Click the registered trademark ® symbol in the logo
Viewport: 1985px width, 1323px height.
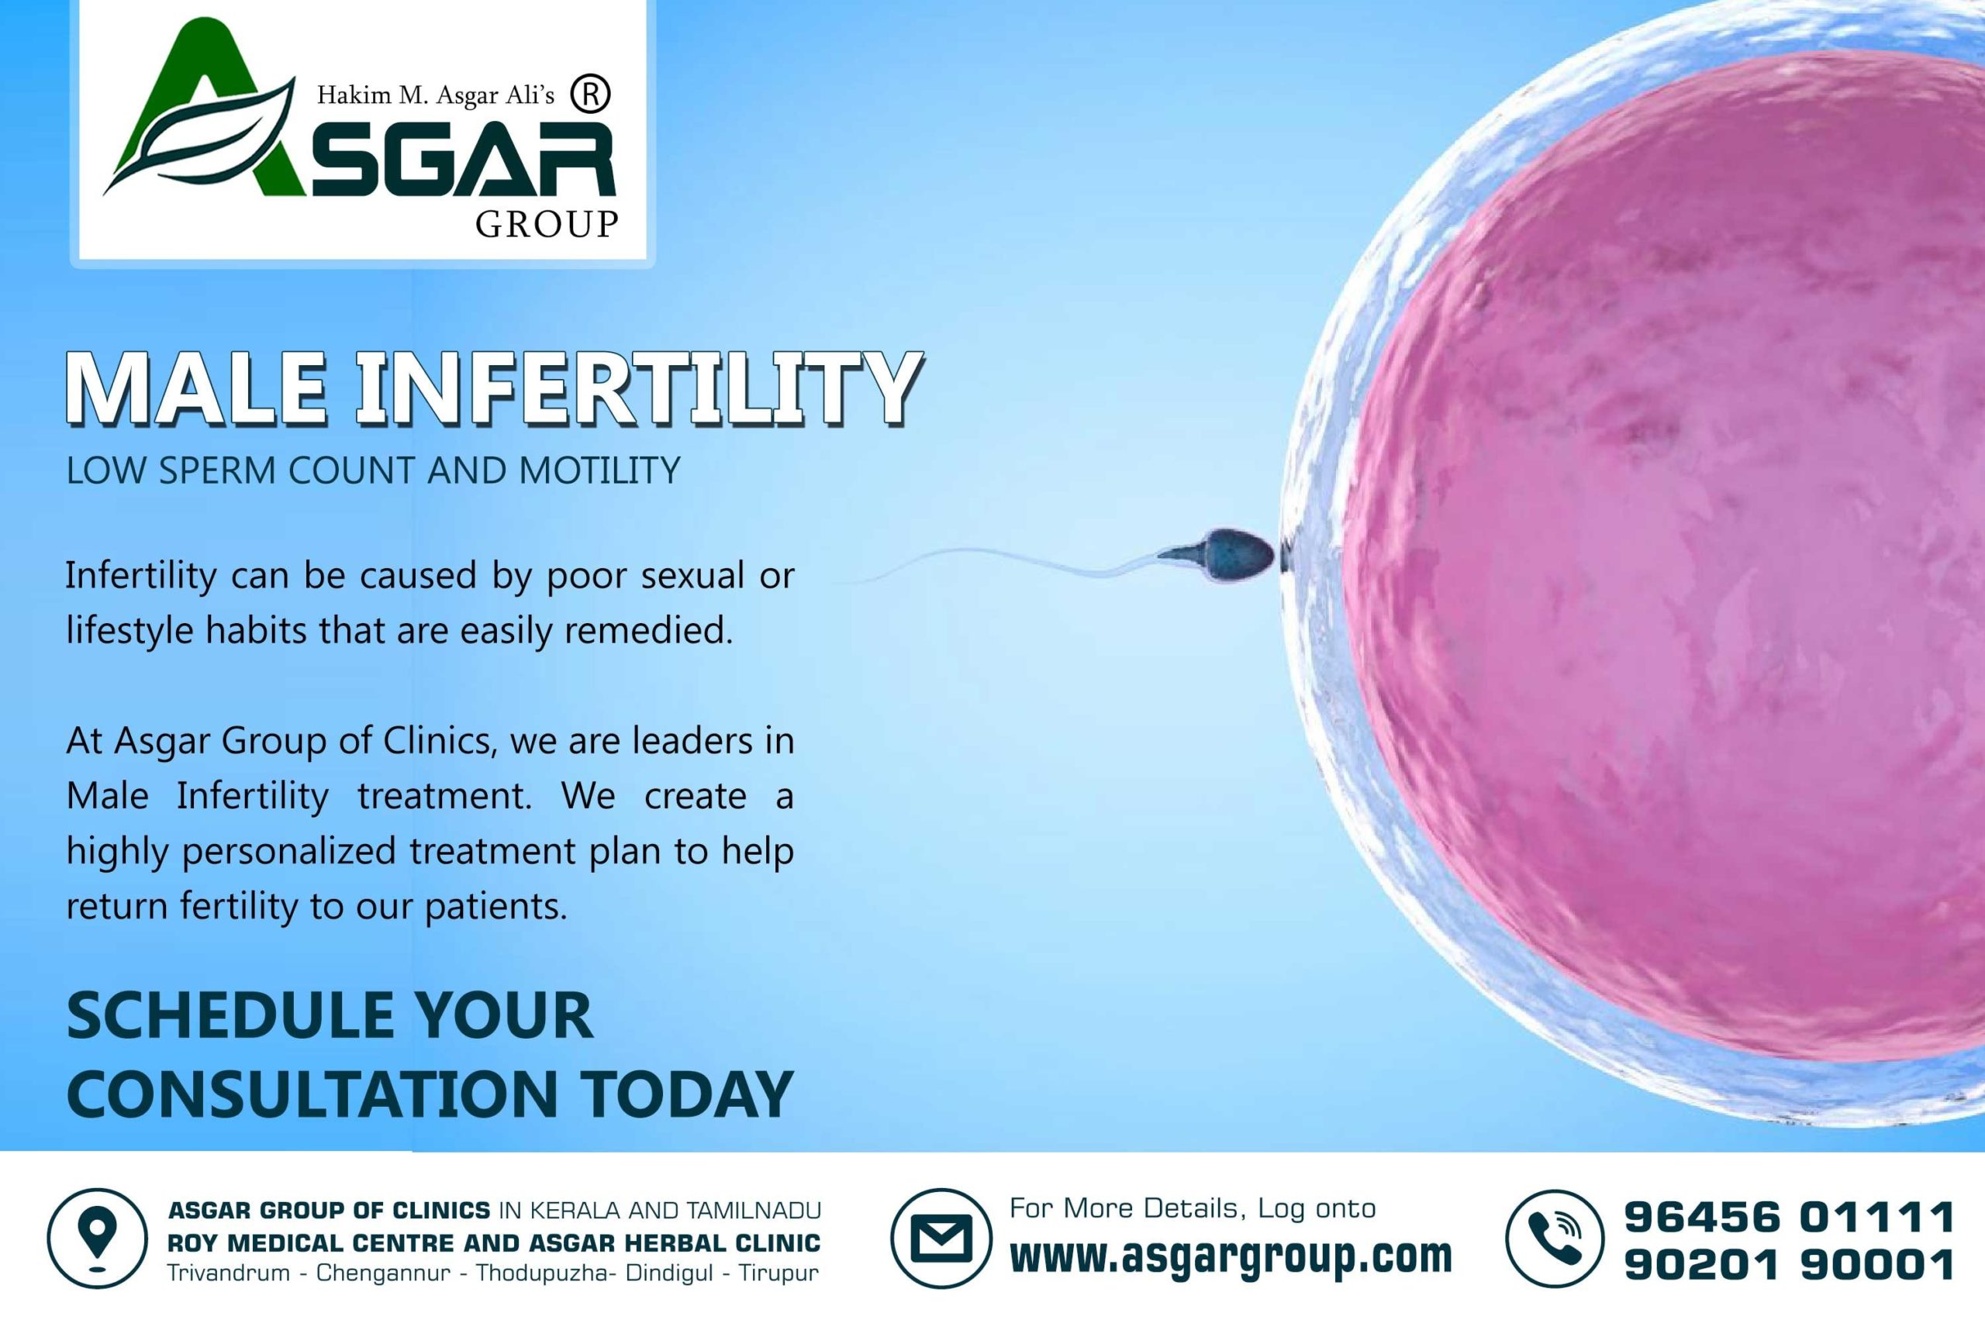pyautogui.click(x=590, y=95)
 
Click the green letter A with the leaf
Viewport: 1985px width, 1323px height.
pyautogui.click(x=202, y=110)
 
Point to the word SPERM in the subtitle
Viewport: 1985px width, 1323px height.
pyautogui.click(x=218, y=470)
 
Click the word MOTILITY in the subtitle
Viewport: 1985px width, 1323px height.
pyautogui.click(x=599, y=470)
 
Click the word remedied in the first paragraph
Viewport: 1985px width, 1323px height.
pyautogui.click(x=648, y=630)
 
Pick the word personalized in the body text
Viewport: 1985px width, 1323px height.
pyautogui.click(x=288, y=851)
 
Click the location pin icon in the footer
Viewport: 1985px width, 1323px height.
pyautogui.click(x=97, y=1239)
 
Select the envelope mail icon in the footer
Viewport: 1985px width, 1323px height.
pyautogui.click(x=941, y=1239)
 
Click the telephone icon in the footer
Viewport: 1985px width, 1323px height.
pyautogui.click(x=1555, y=1239)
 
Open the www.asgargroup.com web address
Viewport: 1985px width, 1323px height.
pyautogui.click(x=1231, y=1256)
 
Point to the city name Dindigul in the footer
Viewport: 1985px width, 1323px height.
pyautogui.click(x=669, y=1273)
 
